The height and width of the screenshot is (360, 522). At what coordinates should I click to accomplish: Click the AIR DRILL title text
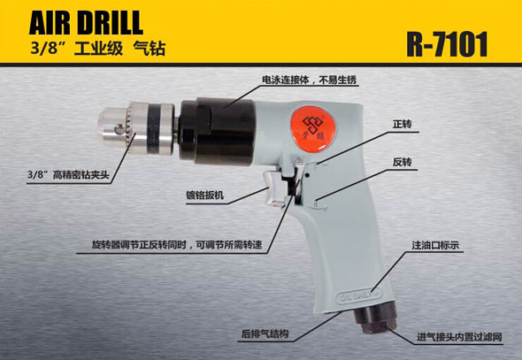click(86, 23)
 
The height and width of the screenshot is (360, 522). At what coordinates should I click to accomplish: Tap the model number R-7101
click(447, 44)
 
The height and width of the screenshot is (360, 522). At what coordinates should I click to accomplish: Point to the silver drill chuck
click(136, 127)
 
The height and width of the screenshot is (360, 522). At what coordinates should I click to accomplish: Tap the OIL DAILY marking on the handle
click(359, 295)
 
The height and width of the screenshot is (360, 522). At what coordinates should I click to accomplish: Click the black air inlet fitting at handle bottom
click(375, 319)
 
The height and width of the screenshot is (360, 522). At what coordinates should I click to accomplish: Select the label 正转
click(403, 124)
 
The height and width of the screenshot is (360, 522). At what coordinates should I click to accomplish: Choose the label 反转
click(403, 162)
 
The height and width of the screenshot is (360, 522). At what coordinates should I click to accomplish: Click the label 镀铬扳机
click(204, 195)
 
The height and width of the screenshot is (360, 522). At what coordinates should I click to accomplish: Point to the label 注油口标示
click(435, 245)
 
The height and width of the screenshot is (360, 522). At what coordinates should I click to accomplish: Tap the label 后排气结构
click(265, 333)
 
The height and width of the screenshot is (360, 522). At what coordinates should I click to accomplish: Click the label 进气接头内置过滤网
click(459, 337)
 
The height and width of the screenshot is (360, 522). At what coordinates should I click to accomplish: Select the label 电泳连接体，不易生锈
click(310, 80)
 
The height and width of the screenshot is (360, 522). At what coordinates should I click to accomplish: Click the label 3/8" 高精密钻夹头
click(69, 174)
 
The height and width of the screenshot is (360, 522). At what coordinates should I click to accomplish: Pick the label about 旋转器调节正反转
click(177, 245)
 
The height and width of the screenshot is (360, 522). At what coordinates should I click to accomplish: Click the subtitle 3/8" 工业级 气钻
click(98, 49)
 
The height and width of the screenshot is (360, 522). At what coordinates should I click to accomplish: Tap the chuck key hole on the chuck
click(118, 128)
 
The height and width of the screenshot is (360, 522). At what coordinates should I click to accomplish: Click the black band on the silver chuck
click(155, 128)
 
